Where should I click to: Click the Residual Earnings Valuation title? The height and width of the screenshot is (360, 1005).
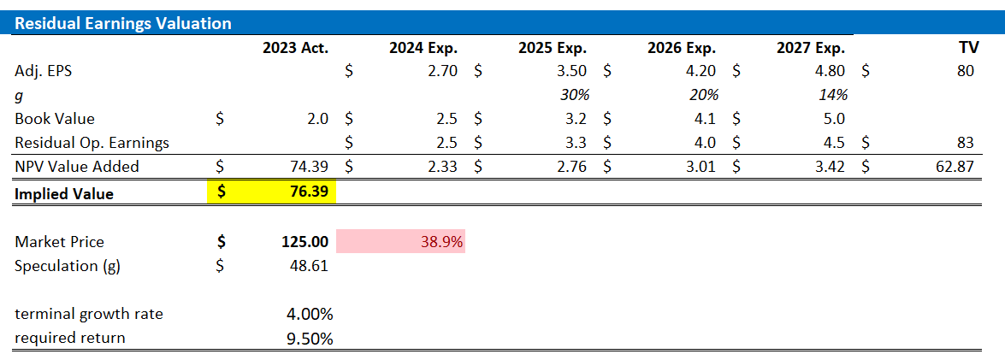pos(123,23)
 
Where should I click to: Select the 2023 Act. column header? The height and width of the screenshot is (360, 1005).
pos(295,48)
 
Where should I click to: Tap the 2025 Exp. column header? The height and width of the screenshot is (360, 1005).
pos(553,48)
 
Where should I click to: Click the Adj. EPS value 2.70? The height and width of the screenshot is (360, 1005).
pos(441,72)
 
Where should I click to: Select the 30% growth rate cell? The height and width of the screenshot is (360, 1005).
pos(574,95)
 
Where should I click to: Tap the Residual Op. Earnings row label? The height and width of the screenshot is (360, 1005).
pos(92,143)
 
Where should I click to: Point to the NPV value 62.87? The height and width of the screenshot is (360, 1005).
pos(955,167)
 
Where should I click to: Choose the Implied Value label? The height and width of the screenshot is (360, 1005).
pos(64,194)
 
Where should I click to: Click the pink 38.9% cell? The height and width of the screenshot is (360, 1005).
pos(441,242)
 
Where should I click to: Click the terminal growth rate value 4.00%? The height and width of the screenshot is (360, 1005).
pos(309,314)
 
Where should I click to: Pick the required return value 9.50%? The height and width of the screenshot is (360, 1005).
pos(309,338)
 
